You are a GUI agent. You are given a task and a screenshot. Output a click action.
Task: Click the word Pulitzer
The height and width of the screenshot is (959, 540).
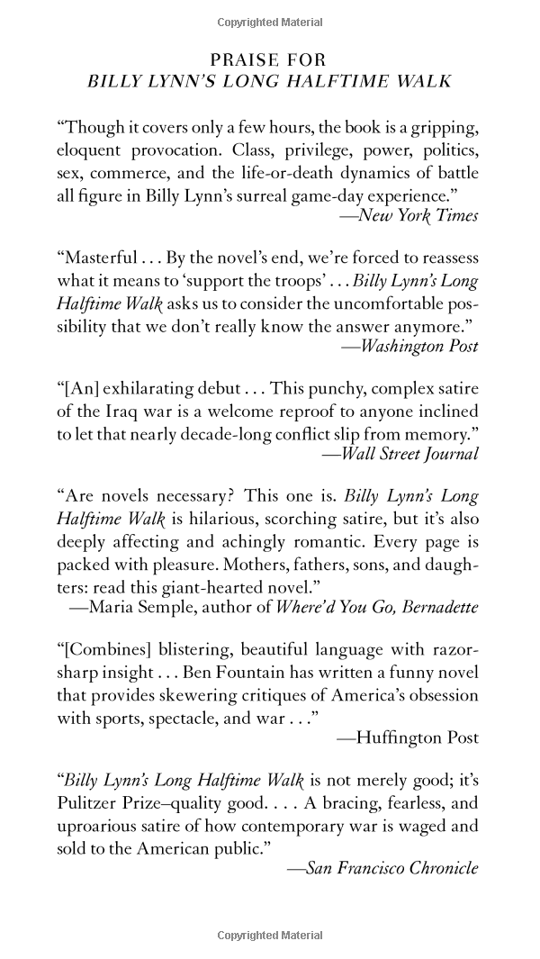click(85, 803)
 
